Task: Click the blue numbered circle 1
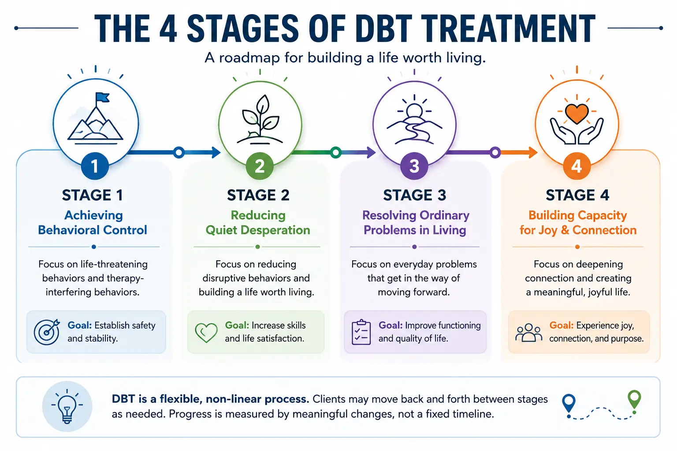coord(95,166)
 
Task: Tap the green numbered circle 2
coord(260,166)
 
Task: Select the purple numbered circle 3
coord(414,166)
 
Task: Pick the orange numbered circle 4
coord(577,166)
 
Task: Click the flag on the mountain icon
coord(102,98)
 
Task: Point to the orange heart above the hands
coord(577,114)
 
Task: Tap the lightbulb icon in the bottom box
coord(67,407)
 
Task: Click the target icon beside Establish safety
coord(47,332)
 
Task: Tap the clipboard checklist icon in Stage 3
coord(361,332)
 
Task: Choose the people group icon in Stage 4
coord(528,333)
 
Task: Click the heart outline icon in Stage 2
coord(206,333)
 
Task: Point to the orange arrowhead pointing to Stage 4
coord(533,152)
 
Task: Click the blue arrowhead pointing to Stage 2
coord(216,152)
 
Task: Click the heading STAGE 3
coord(414,195)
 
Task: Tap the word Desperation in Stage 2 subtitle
coord(275,230)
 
